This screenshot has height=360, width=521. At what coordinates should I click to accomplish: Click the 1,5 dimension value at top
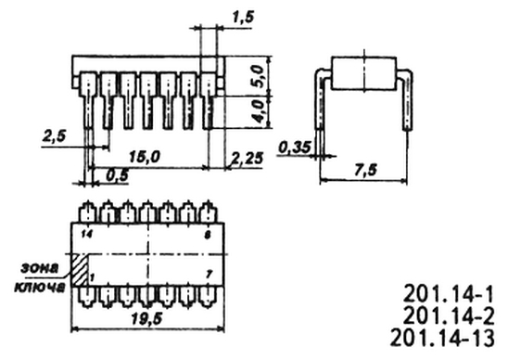pos(243,17)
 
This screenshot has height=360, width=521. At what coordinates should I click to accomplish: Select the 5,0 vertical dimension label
pos(258,76)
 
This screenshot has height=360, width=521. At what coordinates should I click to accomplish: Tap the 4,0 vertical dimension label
pos(258,111)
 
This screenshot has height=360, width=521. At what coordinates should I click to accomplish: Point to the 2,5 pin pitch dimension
pos(54,136)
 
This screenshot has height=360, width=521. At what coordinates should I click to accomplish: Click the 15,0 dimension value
pos(145,157)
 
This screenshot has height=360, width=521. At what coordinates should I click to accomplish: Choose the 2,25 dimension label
pos(248,159)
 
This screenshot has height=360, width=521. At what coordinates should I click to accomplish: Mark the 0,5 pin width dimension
pos(118,175)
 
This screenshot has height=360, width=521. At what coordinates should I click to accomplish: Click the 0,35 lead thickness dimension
pos(295,148)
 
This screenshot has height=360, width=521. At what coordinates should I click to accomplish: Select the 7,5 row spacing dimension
pos(365,170)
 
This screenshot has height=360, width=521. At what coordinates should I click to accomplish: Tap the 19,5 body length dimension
pos(146,319)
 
